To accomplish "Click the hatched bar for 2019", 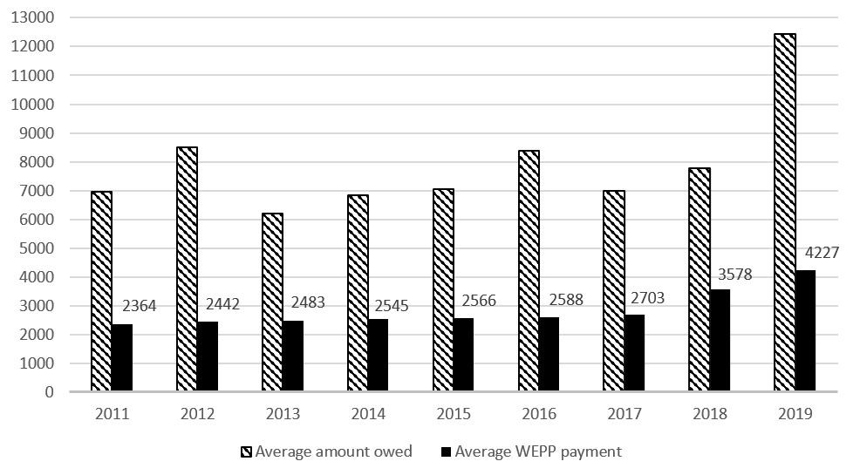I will click(784, 213).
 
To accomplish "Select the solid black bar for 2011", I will click(122, 358).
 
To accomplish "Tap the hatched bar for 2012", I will click(187, 269).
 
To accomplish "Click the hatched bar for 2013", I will click(272, 302).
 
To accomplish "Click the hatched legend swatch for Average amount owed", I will click(246, 451).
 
